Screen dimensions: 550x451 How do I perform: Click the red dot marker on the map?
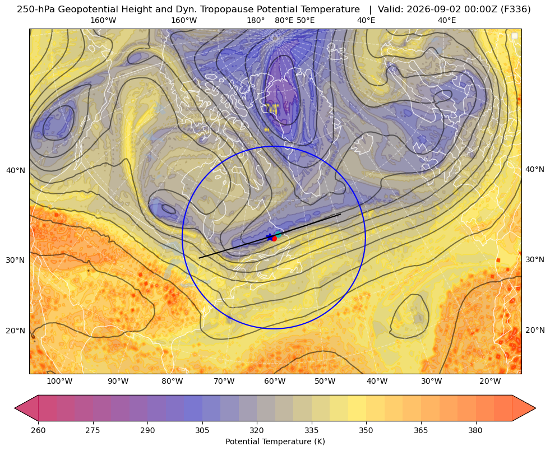274,238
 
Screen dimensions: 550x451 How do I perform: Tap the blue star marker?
269,237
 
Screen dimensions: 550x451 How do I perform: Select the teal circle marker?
278,234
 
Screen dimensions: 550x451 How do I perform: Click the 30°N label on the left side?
16,260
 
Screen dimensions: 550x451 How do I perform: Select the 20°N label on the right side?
535,330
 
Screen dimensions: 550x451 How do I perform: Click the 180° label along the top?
256,20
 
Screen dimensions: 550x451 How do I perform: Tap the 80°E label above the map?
284,20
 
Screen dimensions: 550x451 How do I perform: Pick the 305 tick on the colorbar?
202,430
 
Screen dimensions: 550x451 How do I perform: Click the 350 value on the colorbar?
366,430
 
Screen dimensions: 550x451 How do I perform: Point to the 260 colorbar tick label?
38,430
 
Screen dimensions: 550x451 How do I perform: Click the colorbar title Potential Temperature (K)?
275,441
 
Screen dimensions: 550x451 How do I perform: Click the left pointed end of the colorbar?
15,408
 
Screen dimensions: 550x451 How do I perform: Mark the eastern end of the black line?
340,214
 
